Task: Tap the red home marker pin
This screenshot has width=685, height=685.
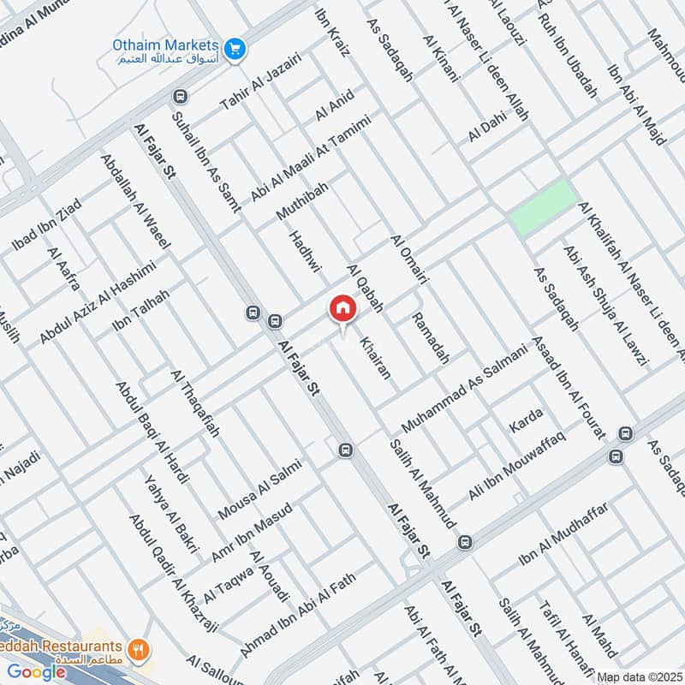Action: pyautogui.click(x=342, y=309)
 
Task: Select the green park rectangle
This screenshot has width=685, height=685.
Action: pyautogui.click(x=540, y=208)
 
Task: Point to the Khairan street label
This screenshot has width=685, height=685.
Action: pyautogui.click(x=376, y=357)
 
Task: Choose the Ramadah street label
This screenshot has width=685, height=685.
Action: pyautogui.click(x=430, y=338)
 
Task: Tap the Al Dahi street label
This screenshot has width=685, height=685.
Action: pyautogui.click(x=487, y=128)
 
